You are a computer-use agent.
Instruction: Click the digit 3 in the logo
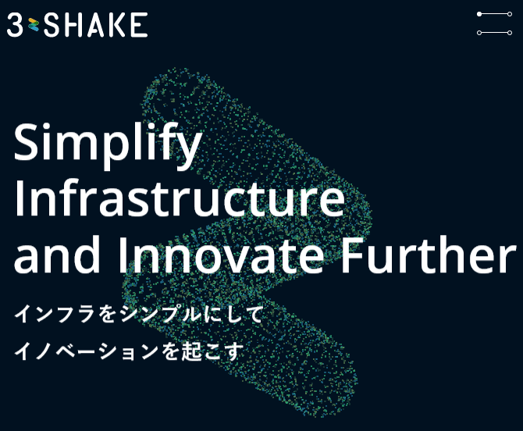coord(15,25)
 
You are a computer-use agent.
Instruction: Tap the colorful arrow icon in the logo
coord(34,25)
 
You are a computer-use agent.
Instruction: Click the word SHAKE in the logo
coord(96,25)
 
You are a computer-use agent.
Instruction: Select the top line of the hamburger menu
coord(494,14)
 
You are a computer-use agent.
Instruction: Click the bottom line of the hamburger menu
coord(494,33)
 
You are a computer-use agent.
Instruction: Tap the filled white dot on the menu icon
coord(479,14)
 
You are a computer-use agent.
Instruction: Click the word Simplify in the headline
coord(108,146)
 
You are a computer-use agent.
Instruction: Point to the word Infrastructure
coord(180,198)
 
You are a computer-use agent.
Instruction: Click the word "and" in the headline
coord(57,255)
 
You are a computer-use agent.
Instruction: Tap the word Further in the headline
coord(429,255)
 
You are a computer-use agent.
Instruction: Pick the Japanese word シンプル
coord(159,314)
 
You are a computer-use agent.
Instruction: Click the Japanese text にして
coord(233,314)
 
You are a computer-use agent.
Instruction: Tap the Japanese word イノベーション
coord(86,351)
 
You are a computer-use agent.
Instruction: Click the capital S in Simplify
coord(28,141)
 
